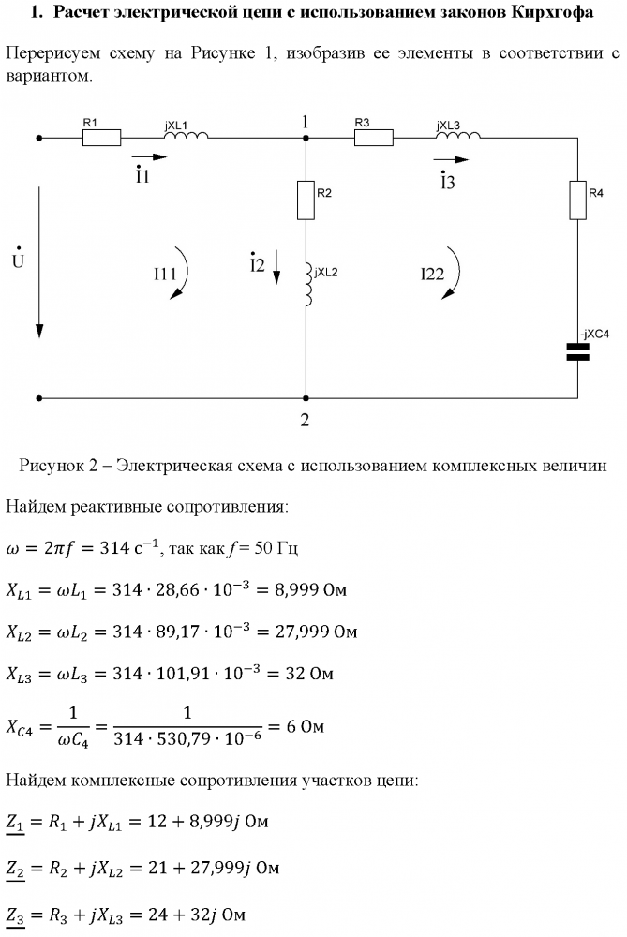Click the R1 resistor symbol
[102, 138]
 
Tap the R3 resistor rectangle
[373, 138]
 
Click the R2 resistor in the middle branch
[306, 200]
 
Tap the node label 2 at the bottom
[305, 419]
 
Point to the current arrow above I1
[148, 157]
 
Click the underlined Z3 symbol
[18, 914]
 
